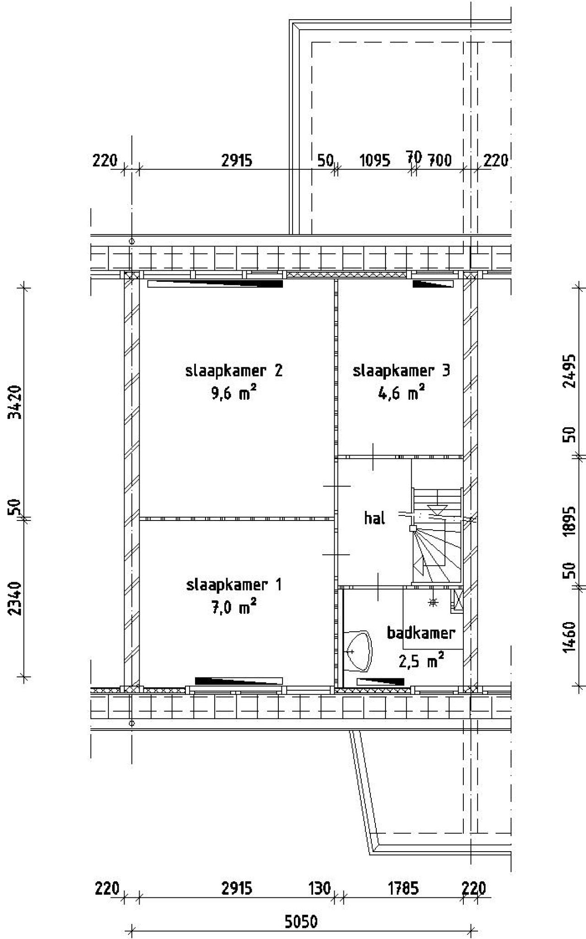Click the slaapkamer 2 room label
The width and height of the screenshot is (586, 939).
pos(234,370)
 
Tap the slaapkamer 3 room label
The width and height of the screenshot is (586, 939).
pos(402,370)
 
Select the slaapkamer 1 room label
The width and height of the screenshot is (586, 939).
pos(234,585)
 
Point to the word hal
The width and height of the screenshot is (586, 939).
pos(374,518)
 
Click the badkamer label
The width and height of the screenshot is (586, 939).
pos(421,633)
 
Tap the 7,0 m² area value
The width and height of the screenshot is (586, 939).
pos(233,607)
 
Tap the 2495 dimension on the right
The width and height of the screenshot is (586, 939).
pos(569,371)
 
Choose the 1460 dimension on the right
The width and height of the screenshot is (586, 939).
pos(569,637)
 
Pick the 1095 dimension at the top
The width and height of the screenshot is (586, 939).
pos(374,161)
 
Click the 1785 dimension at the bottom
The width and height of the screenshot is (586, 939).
pos(403,888)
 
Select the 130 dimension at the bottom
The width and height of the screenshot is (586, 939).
pos(320,888)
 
